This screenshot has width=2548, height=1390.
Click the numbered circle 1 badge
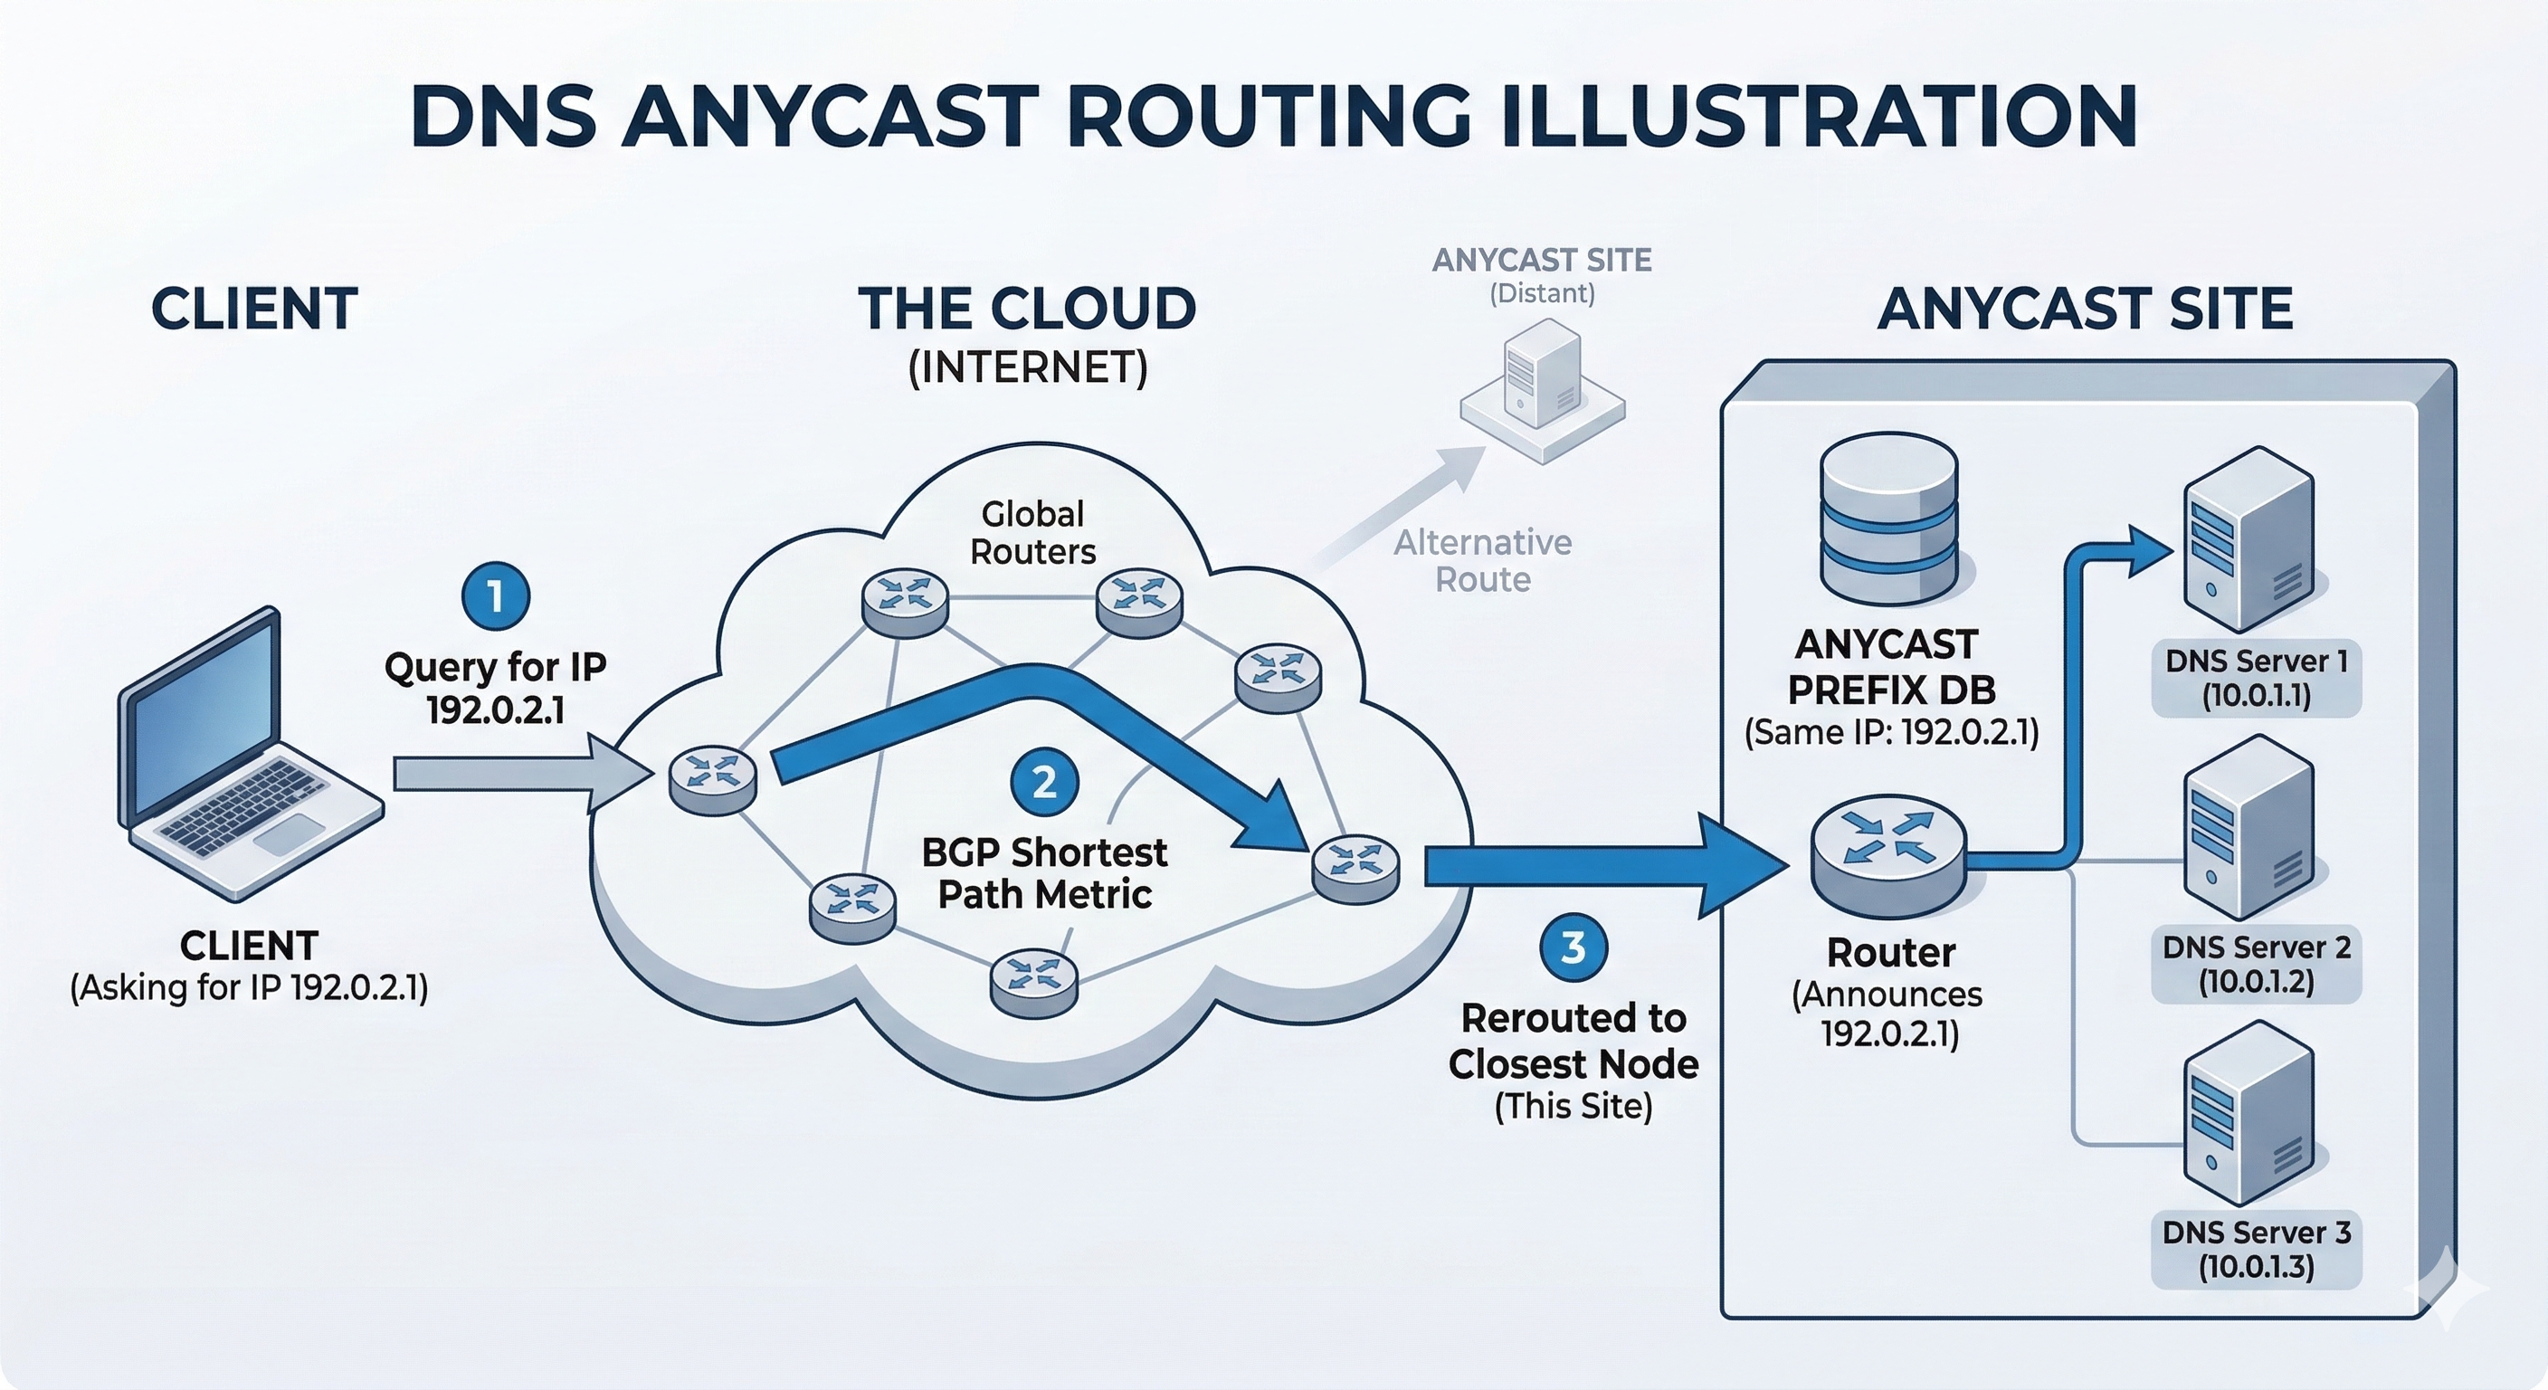[x=496, y=595]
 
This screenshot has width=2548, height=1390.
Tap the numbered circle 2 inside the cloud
[x=1044, y=783]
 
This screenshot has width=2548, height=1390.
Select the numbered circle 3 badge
[x=1573, y=947]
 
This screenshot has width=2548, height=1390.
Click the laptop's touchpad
[x=289, y=834]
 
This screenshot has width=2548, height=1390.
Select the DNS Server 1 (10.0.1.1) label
[x=2257, y=679]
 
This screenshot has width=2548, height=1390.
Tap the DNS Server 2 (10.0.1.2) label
[x=2257, y=965]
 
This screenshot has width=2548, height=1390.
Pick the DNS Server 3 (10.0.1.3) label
[x=2257, y=1250]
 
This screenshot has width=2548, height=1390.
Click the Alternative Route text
[x=1482, y=561]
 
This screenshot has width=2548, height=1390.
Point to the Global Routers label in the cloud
[x=1032, y=532]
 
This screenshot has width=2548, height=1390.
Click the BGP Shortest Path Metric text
[x=1044, y=872]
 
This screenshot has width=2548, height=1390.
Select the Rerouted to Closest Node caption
[x=1573, y=1041]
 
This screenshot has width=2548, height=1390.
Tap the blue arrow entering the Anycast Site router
[x=1602, y=866]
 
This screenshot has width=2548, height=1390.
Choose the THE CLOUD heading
[x=1027, y=308]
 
